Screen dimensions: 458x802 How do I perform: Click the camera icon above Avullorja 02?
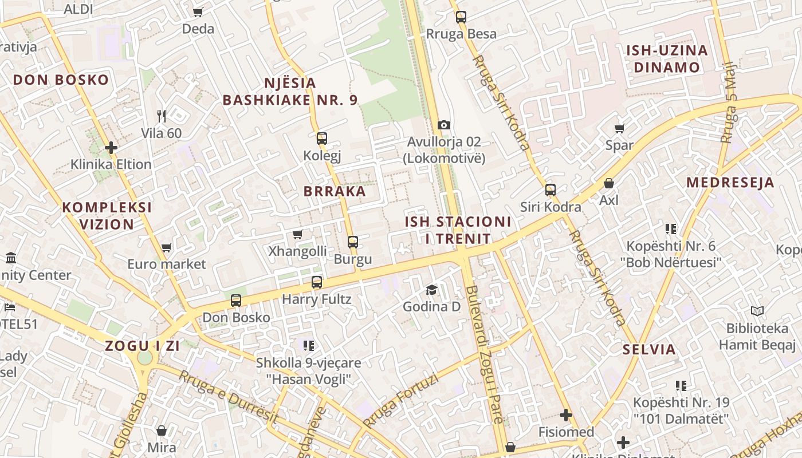[x=443, y=125]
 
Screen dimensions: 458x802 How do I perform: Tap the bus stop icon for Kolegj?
[x=321, y=138]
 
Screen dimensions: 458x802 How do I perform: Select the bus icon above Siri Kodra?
[x=550, y=189]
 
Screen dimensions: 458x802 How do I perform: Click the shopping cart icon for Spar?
[x=619, y=128]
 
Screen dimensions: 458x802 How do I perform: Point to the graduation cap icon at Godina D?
[x=431, y=290]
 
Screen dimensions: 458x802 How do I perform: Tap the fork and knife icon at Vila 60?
[x=161, y=116]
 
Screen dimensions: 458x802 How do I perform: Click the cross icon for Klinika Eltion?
[x=111, y=148]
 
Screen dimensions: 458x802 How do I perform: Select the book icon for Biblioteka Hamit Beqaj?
[x=757, y=311]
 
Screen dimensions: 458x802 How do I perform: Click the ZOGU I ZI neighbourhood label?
[x=142, y=346]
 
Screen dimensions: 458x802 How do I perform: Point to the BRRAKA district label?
[x=335, y=191]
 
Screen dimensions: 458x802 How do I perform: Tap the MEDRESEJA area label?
[x=730, y=183]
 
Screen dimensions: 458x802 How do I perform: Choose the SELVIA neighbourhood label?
[x=649, y=349]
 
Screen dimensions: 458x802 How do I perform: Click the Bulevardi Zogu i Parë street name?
[x=484, y=355]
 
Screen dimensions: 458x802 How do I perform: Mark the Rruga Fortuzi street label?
[x=400, y=401]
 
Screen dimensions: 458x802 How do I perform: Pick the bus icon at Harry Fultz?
[x=316, y=282]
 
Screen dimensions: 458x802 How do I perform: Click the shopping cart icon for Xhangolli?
[x=297, y=234]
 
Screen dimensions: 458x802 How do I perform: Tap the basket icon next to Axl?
[x=609, y=183]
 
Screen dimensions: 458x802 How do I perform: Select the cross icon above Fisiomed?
[x=566, y=414]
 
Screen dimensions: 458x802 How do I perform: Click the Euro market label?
[x=166, y=264]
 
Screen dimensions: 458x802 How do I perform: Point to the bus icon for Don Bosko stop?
[x=235, y=300]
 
